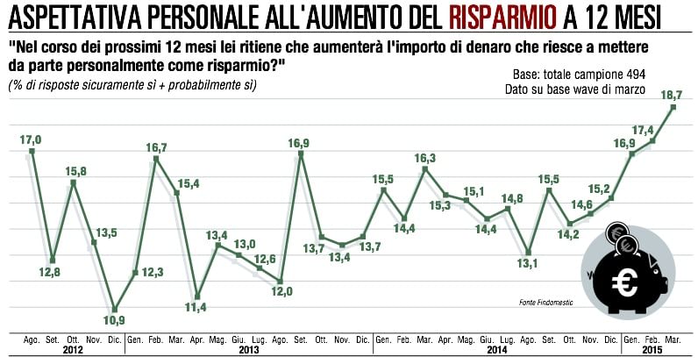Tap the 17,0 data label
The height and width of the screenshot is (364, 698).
[x=32, y=138]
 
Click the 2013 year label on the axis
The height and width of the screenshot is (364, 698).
[x=249, y=350]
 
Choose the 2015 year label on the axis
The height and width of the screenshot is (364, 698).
[x=652, y=350]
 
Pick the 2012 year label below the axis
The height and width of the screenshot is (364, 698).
[x=73, y=350]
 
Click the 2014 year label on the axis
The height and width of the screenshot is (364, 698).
[x=498, y=350]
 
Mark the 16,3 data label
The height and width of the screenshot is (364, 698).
[x=425, y=158]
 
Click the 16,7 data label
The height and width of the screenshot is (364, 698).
[x=156, y=146]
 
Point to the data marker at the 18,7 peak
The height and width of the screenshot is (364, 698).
[x=673, y=107]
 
